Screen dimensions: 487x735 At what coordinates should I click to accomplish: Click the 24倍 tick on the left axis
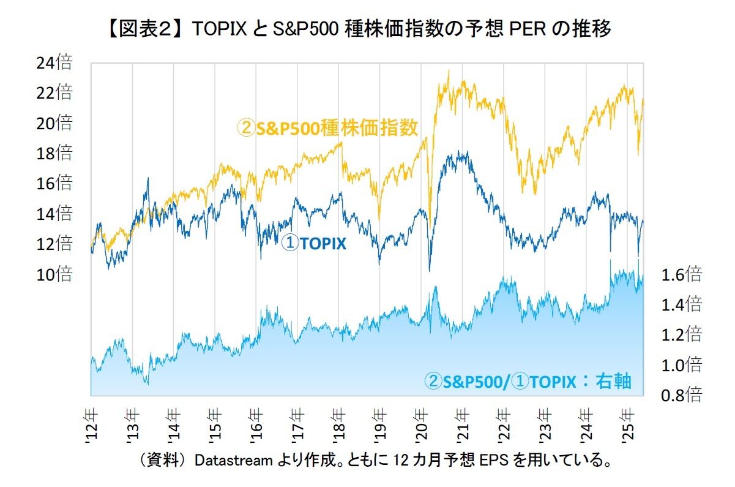56,62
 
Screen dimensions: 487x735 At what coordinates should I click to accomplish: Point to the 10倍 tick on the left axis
56,275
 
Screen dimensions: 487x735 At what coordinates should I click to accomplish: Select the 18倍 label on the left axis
56,153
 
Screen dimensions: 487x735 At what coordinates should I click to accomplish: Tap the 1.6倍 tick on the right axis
682,274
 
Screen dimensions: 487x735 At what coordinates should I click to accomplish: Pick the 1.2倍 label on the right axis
682,335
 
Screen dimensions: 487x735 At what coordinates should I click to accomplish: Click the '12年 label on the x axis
90,423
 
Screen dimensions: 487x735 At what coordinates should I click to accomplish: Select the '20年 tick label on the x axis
420,423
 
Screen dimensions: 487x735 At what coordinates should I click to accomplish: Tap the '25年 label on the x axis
627,423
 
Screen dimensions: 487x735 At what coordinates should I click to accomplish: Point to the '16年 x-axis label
255,423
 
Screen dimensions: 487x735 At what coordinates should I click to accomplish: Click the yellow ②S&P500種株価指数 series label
327,128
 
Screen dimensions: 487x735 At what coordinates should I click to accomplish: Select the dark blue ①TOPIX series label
314,244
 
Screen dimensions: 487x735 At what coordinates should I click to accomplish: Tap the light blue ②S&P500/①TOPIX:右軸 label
528,382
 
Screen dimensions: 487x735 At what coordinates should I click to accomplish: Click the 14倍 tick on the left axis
56,214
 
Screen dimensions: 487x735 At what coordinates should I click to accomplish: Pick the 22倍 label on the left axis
56,93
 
